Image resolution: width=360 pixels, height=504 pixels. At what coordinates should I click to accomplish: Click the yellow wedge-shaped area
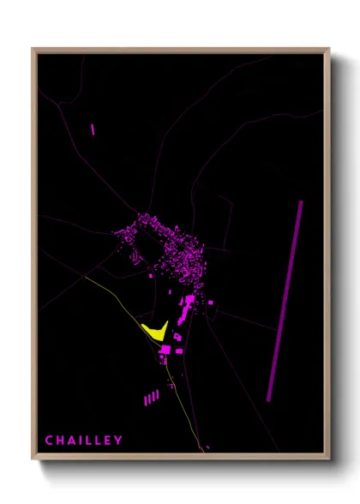pos(155,331)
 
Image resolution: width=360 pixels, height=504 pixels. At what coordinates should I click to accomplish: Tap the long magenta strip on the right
pos(285,300)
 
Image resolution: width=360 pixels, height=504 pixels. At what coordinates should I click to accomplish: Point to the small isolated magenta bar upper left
pos(92,129)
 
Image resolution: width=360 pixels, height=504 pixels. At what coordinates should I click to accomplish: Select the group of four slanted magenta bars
pos(151,398)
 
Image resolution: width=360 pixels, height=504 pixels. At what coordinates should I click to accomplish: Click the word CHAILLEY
pos(84,441)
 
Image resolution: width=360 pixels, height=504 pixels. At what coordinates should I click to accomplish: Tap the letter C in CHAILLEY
pos(50,441)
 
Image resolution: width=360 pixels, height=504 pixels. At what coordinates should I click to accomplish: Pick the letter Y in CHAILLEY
pos(118,441)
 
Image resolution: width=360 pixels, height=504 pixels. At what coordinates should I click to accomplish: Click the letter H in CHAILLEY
pos(60,441)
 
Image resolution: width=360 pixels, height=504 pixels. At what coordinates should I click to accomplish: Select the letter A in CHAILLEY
pos(70,441)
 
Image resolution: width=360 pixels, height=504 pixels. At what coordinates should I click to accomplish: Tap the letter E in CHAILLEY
pos(107,441)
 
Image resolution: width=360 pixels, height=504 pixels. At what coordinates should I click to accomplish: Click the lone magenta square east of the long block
pos(212,303)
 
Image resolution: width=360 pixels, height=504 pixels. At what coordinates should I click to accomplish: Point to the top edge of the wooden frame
pos(180,50)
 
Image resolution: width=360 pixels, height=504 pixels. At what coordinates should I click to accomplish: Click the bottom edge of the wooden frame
pos(180,458)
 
